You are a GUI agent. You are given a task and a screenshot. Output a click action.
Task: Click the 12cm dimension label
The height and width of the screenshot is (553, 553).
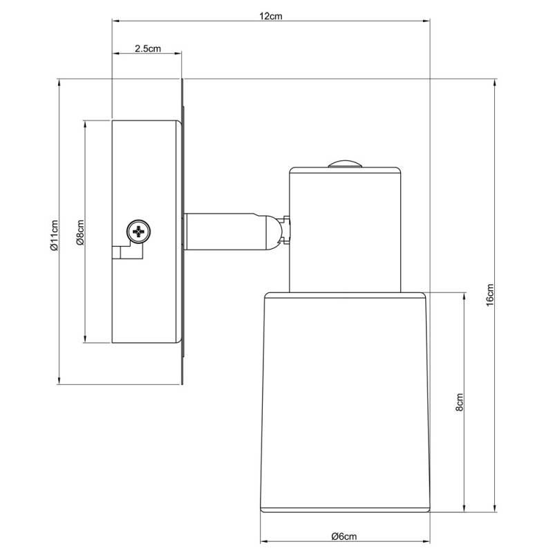[271, 16]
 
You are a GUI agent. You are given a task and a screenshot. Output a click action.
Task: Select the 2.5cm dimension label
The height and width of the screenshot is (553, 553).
[148, 48]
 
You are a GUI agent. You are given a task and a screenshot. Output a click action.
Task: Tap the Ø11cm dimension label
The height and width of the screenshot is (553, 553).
[54, 235]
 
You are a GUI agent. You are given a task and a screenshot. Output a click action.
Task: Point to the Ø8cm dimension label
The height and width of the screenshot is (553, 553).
[80, 232]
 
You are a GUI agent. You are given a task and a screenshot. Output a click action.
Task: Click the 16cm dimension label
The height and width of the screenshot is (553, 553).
[490, 295]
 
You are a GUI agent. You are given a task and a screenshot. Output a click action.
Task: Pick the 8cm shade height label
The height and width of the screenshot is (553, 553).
[459, 402]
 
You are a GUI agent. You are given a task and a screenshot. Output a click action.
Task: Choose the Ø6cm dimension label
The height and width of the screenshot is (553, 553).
[344, 536]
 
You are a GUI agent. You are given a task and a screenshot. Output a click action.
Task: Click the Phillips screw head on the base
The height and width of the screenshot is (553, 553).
[139, 232]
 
